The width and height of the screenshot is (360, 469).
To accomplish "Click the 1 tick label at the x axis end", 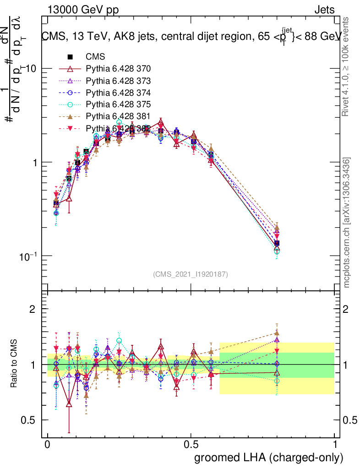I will (335, 445).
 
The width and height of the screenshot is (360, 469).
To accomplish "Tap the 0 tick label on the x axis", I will (48, 445).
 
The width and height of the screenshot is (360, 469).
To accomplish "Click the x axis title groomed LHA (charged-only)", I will (269, 458).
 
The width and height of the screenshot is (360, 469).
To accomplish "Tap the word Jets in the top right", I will (324, 10).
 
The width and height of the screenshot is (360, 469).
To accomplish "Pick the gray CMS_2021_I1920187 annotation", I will (191, 274).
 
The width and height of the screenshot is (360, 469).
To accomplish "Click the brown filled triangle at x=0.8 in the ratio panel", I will (277, 333).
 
